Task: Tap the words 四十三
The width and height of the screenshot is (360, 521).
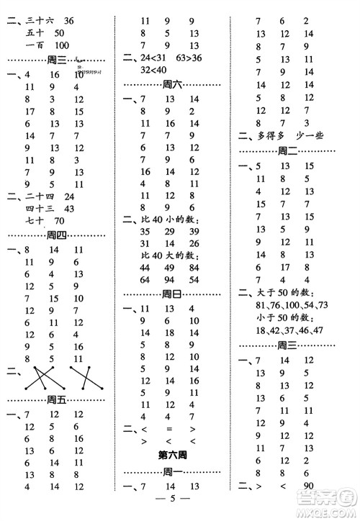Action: [x=39, y=207]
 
